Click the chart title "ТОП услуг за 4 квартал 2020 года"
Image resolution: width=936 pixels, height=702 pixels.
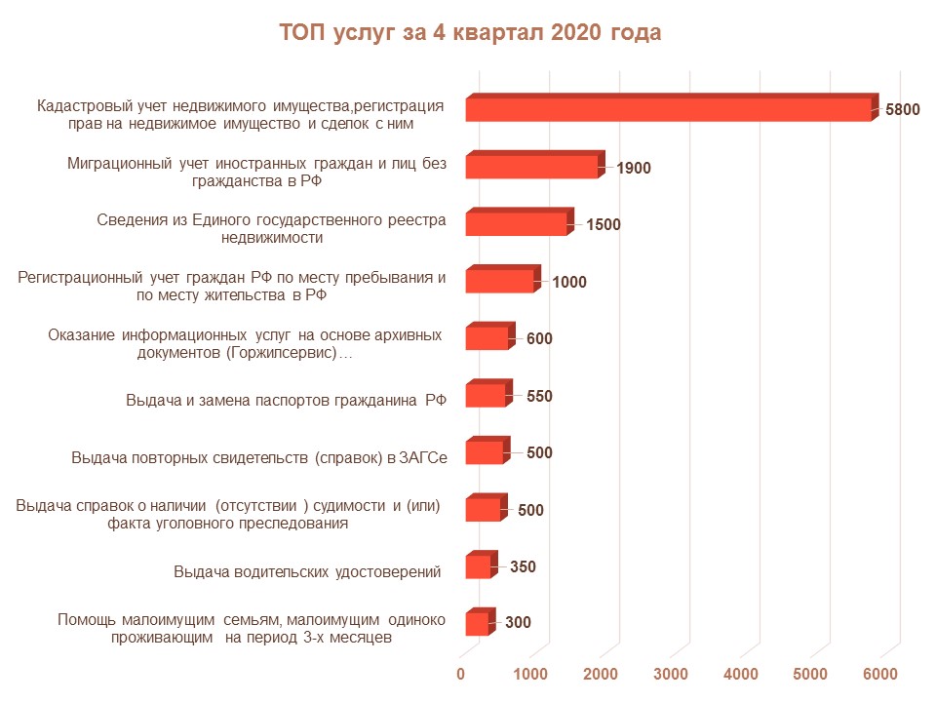(x=470, y=33)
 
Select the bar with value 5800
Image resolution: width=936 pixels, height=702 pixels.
(x=668, y=110)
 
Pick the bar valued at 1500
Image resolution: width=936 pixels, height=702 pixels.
(x=516, y=223)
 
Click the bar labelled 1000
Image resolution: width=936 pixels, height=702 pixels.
(x=500, y=281)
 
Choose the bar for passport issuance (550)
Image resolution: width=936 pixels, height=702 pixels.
(x=486, y=395)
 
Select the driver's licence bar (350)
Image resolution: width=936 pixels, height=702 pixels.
(x=478, y=566)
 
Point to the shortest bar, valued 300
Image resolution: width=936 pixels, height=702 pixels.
(x=476, y=623)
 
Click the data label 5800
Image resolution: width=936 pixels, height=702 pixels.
(x=902, y=110)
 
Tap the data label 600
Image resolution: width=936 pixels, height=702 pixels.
(x=539, y=339)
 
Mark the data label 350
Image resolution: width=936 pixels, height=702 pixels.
(x=523, y=566)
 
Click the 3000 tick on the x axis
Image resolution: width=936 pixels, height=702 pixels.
(x=671, y=674)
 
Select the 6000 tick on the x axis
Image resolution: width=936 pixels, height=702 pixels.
(x=880, y=674)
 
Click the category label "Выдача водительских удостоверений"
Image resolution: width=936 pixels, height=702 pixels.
(x=307, y=571)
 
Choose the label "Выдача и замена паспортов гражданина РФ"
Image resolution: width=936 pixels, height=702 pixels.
(x=286, y=401)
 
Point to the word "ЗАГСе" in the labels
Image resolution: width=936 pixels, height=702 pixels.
(x=422, y=457)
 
